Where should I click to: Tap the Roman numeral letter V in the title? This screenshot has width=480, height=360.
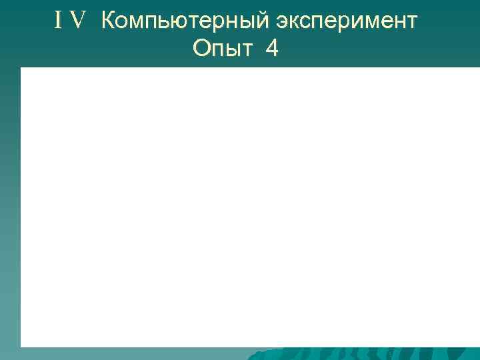point(78,22)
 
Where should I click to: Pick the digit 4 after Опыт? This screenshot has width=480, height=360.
point(272,49)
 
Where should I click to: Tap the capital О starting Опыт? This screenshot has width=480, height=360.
point(201,49)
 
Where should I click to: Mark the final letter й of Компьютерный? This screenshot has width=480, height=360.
point(265,22)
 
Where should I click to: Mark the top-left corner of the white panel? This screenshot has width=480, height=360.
point(21,68)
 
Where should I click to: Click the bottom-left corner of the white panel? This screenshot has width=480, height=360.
point(21,346)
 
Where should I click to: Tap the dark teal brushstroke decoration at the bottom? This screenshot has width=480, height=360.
point(360,353)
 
